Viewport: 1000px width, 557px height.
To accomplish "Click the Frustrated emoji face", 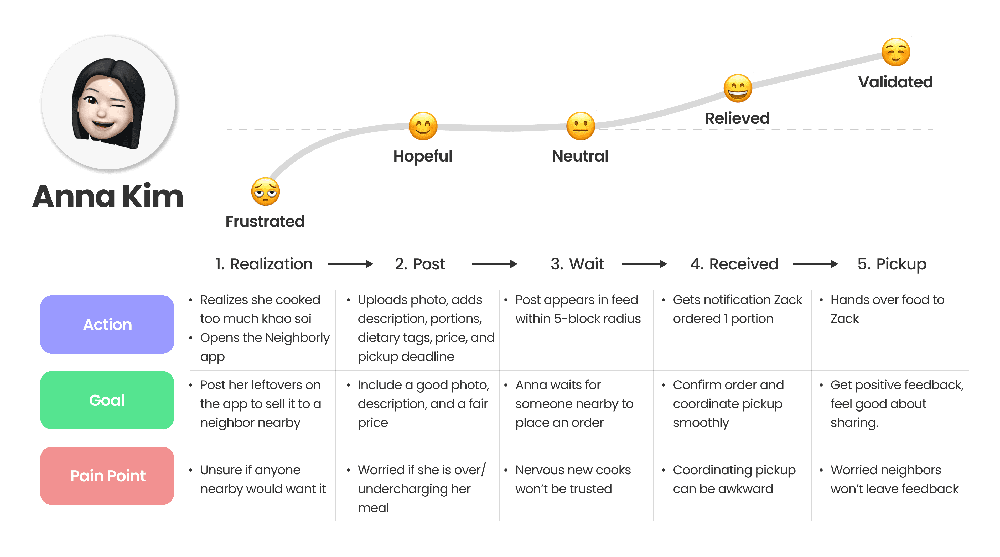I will coord(265,192).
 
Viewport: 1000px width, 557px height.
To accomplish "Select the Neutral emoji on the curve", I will coord(580,126).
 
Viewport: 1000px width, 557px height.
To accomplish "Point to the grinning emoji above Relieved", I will coord(738,89).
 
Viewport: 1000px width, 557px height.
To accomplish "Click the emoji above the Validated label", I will coord(895,52).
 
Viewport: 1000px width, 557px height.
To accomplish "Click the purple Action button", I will coord(107,325).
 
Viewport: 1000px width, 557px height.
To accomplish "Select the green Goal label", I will coord(107,400).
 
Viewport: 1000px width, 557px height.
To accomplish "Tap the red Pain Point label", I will coord(107,476).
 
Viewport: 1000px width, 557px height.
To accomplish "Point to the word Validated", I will coord(895,82).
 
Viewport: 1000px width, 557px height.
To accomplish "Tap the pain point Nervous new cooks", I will coord(573,470).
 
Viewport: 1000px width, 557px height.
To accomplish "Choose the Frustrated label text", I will coord(265,222).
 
